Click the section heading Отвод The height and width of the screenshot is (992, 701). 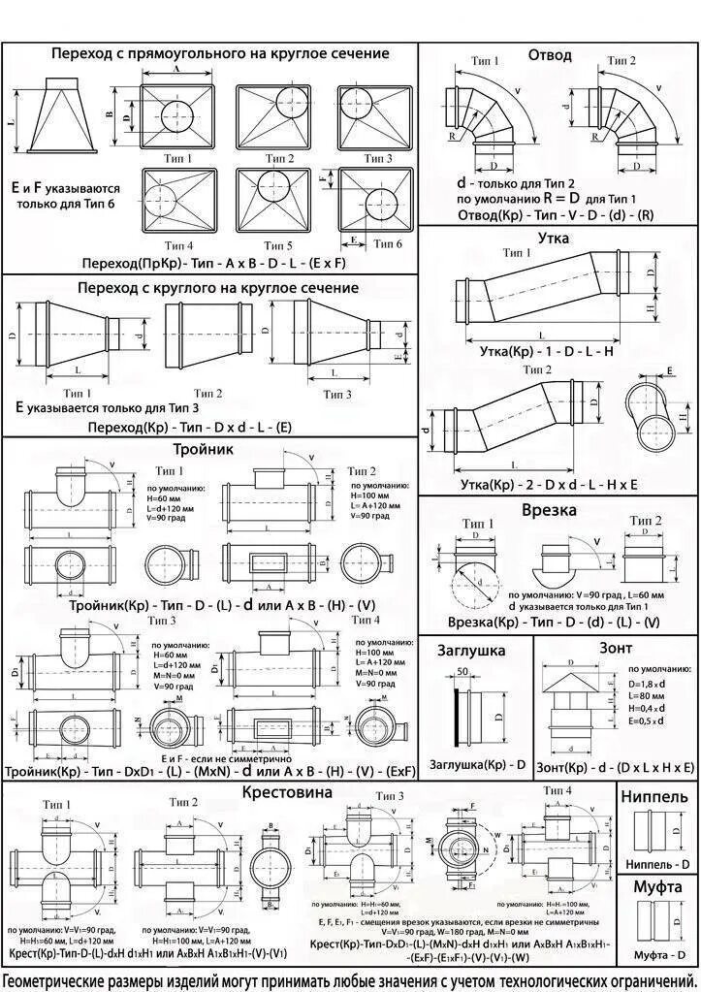550,55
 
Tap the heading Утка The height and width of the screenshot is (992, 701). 551,238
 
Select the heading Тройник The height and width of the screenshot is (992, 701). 203,450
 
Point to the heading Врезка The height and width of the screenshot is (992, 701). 549,509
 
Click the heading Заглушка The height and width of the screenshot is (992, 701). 471,650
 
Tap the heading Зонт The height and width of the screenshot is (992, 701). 616,647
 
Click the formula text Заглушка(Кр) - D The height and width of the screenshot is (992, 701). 477,764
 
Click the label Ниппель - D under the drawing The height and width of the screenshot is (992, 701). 657,863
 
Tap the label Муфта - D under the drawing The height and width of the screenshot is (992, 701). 657,956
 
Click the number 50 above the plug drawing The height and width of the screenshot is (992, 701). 462,671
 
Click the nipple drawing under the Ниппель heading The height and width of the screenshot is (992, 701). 656,830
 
